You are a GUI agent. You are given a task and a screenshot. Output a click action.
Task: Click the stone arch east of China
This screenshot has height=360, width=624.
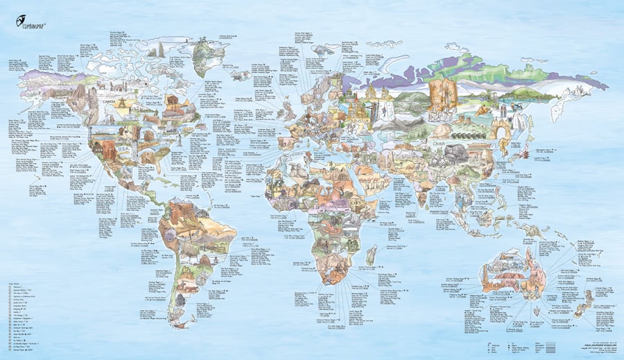click(501, 128)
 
